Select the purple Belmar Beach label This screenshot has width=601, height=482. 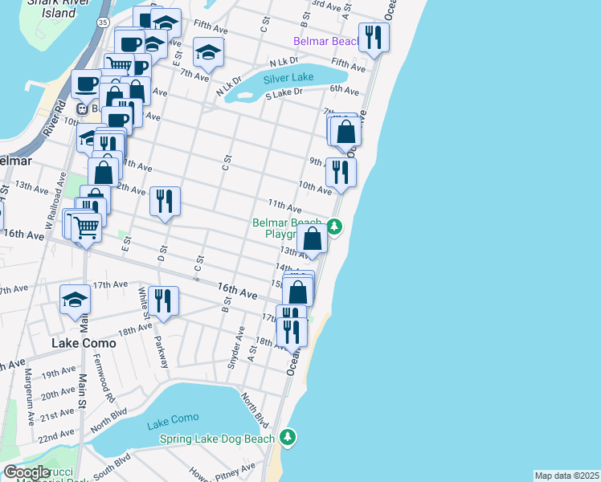tap(327, 41)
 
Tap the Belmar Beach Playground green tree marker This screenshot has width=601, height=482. tap(335, 228)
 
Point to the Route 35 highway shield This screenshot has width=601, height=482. tap(100, 23)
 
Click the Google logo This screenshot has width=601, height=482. tap(27, 472)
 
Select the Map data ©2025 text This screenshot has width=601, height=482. tap(566, 476)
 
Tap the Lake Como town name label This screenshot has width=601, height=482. tap(84, 343)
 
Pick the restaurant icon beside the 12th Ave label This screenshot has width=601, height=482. tap(165, 201)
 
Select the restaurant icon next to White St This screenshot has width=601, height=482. tap(162, 300)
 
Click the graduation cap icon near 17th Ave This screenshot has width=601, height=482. tap(75, 300)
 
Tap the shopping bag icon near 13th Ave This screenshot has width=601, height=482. tap(313, 239)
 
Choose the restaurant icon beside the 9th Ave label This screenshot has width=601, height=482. tap(341, 172)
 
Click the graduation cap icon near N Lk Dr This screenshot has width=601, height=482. tap(208, 53)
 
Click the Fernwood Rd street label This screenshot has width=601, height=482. tap(108, 386)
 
